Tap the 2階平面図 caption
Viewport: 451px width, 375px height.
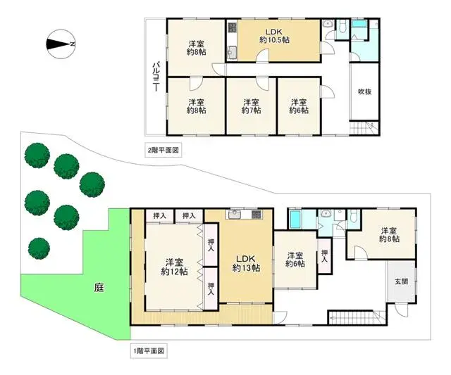click(x=163, y=150)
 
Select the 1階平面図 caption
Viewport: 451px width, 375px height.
click(x=148, y=350)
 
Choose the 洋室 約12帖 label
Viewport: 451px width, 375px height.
click(x=173, y=266)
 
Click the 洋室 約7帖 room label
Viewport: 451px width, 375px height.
click(x=250, y=106)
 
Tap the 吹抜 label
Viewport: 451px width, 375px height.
click(x=364, y=91)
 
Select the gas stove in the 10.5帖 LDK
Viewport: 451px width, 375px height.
click(x=232, y=31)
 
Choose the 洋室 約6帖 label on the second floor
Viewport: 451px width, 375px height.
click(x=299, y=106)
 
